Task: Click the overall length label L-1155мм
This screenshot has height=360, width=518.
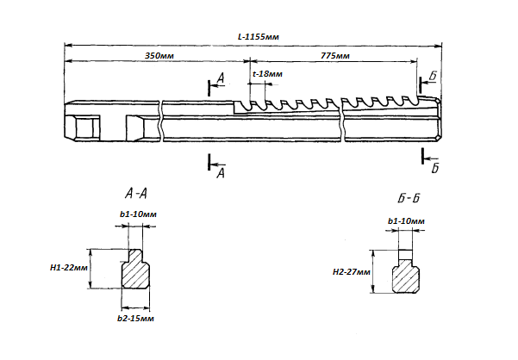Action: (x=259, y=39)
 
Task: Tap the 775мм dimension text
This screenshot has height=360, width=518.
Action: (x=333, y=55)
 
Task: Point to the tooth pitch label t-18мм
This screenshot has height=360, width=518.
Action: (x=267, y=75)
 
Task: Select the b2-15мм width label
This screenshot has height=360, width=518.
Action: (x=136, y=319)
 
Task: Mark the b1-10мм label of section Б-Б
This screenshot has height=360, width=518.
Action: (x=406, y=221)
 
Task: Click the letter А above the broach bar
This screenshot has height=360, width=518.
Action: (x=221, y=79)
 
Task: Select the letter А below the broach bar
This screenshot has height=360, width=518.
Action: (x=221, y=173)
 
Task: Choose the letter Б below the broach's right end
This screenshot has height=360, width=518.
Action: (x=434, y=166)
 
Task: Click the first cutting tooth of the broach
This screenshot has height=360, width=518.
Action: (x=243, y=107)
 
